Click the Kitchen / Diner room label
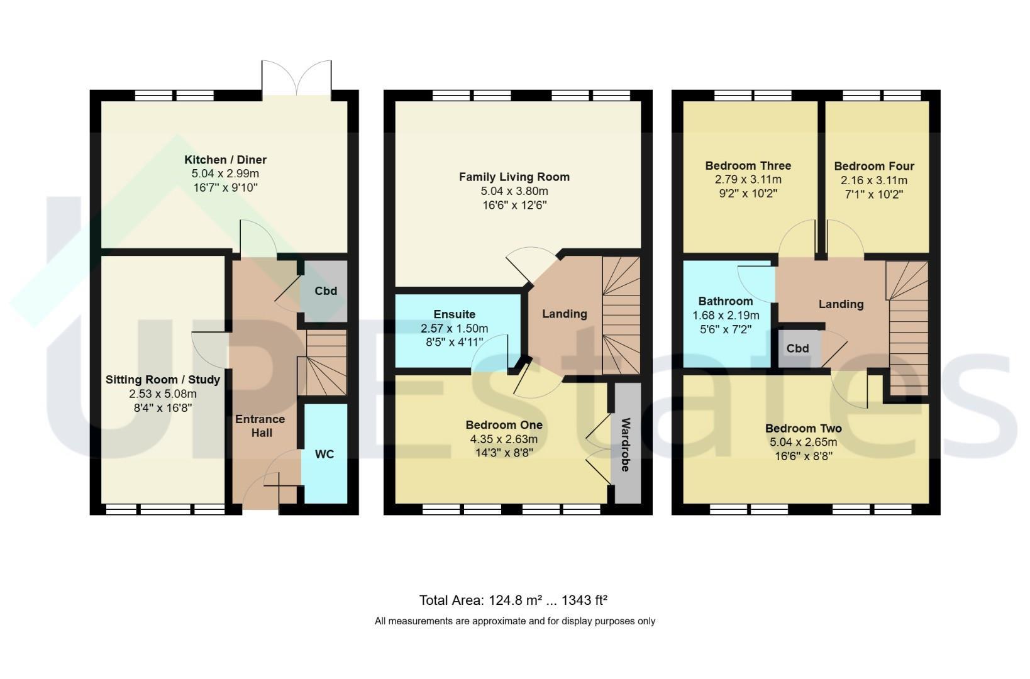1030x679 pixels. (x=225, y=160)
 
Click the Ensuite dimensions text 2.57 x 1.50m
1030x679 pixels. (x=454, y=328)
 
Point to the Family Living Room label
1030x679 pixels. (x=514, y=177)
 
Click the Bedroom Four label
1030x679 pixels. (x=874, y=166)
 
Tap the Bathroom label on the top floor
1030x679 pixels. (x=726, y=301)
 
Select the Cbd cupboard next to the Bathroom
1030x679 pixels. (x=798, y=348)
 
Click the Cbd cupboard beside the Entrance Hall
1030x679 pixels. (x=326, y=290)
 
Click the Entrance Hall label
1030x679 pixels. (x=261, y=426)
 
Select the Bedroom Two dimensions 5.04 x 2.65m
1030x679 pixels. (x=803, y=442)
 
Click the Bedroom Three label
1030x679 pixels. (x=748, y=165)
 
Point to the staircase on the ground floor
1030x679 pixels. (x=322, y=362)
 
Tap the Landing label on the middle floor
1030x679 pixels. (x=564, y=314)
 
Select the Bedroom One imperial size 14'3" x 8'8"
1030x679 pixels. (x=504, y=453)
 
